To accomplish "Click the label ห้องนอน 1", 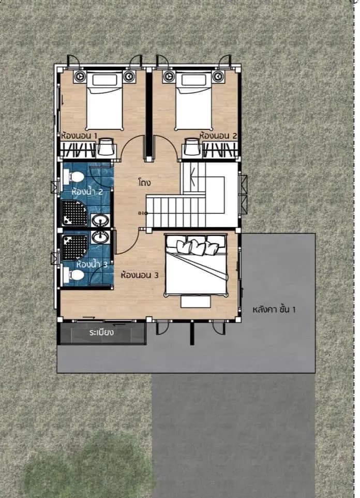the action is tap(79, 136).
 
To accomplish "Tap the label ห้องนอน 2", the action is tap(218, 136).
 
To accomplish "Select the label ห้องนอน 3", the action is tap(139, 275).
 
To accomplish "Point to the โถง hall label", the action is tap(144, 183).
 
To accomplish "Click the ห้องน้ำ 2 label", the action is tap(87, 192).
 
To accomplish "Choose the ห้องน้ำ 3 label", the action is tap(92, 264).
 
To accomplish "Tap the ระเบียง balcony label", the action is tap(101, 332).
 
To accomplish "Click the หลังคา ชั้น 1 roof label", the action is tap(274, 310).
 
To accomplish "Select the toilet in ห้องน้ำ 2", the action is tap(73, 177).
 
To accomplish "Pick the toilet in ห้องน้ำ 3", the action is tap(73, 275).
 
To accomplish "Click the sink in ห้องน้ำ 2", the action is tap(101, 220).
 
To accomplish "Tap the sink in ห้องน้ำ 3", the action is tap(101, 237).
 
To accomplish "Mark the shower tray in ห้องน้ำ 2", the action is tap(74, 213).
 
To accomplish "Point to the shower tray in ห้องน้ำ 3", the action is tap(74, 248).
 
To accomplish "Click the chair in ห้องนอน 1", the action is tap(106, 147).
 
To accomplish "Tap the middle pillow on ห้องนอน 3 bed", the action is tap(198, 247).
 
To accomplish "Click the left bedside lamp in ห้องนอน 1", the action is tap(79, 77).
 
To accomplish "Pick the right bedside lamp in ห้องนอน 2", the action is tap(218, 77).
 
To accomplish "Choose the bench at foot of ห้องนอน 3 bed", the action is tap(196, 302).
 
